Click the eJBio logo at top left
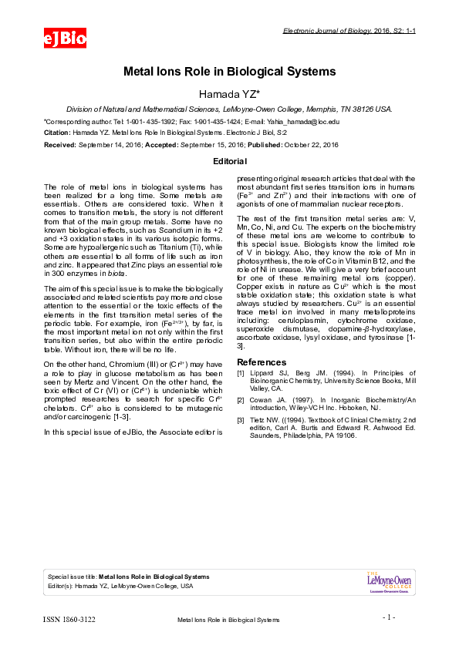point(65,37)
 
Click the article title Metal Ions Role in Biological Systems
point(229,72)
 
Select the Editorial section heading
point(229,161)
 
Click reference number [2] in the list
point(241,400)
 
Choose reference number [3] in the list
point(241,419)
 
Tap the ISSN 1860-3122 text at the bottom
point(69,619)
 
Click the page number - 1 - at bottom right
point(389,617)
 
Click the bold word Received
point(59,144)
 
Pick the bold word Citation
point(58,133)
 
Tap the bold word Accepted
point(159,144)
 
